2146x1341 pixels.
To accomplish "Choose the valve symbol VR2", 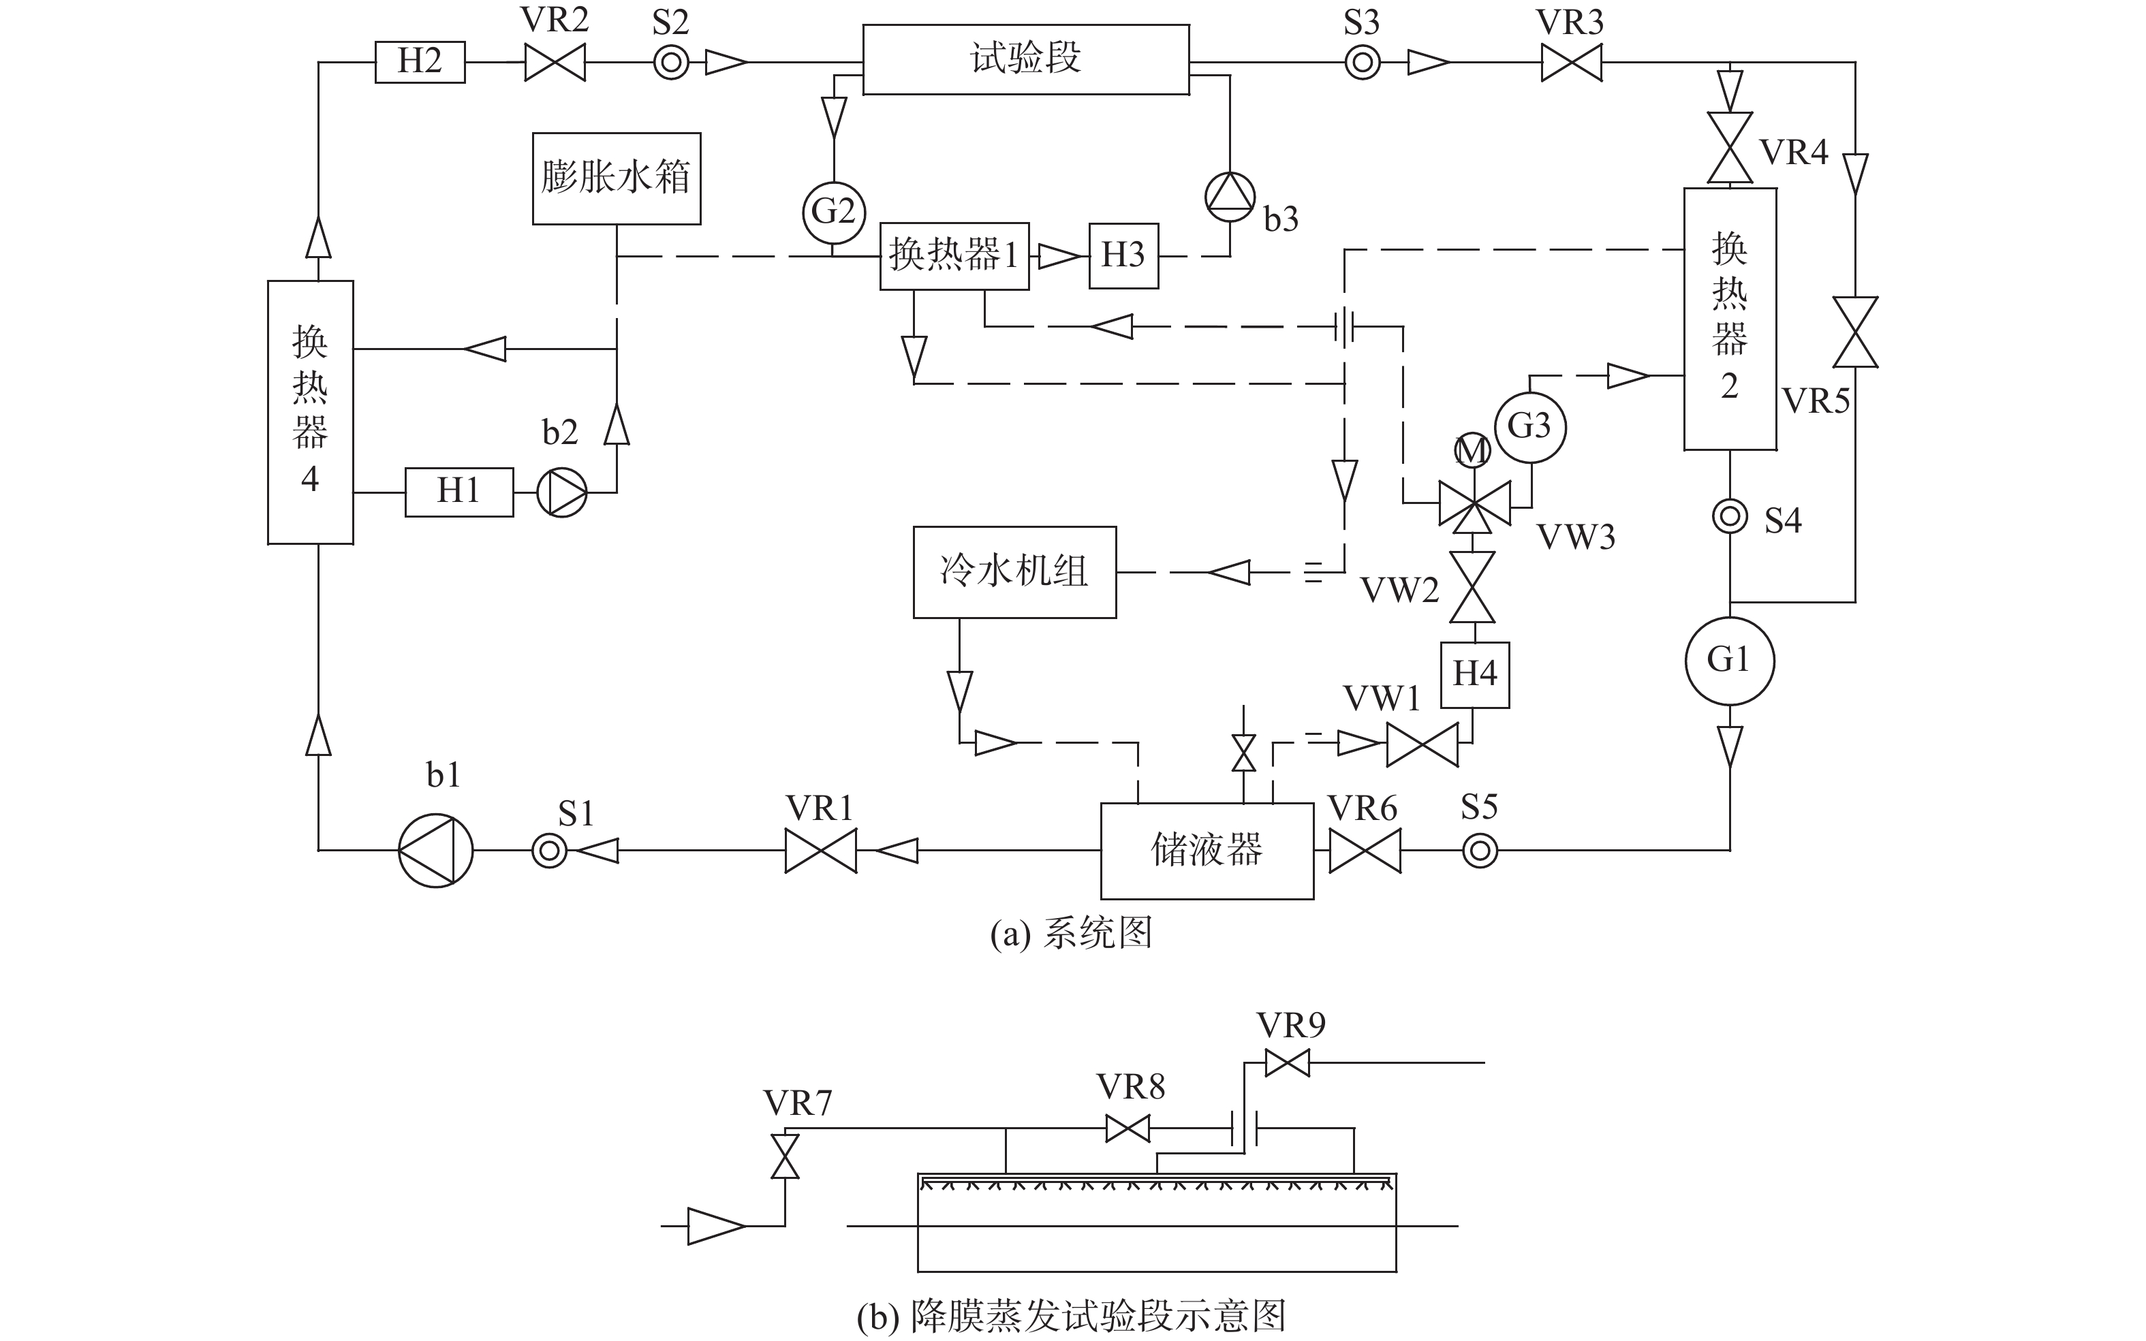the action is [555, 63].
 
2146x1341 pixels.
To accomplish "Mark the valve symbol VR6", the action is [1365, 851].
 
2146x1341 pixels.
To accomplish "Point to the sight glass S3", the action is [1363, 63].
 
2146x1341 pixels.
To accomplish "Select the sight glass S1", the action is [549, 851].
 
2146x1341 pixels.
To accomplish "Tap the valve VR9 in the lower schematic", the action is [1287, 1062].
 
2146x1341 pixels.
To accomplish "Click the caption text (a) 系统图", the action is [1072, 934].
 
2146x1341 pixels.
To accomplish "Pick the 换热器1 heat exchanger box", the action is [954, 256].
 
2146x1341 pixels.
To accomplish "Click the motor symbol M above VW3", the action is [1473, 452].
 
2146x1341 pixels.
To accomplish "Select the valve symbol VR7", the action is [784, 1156].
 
